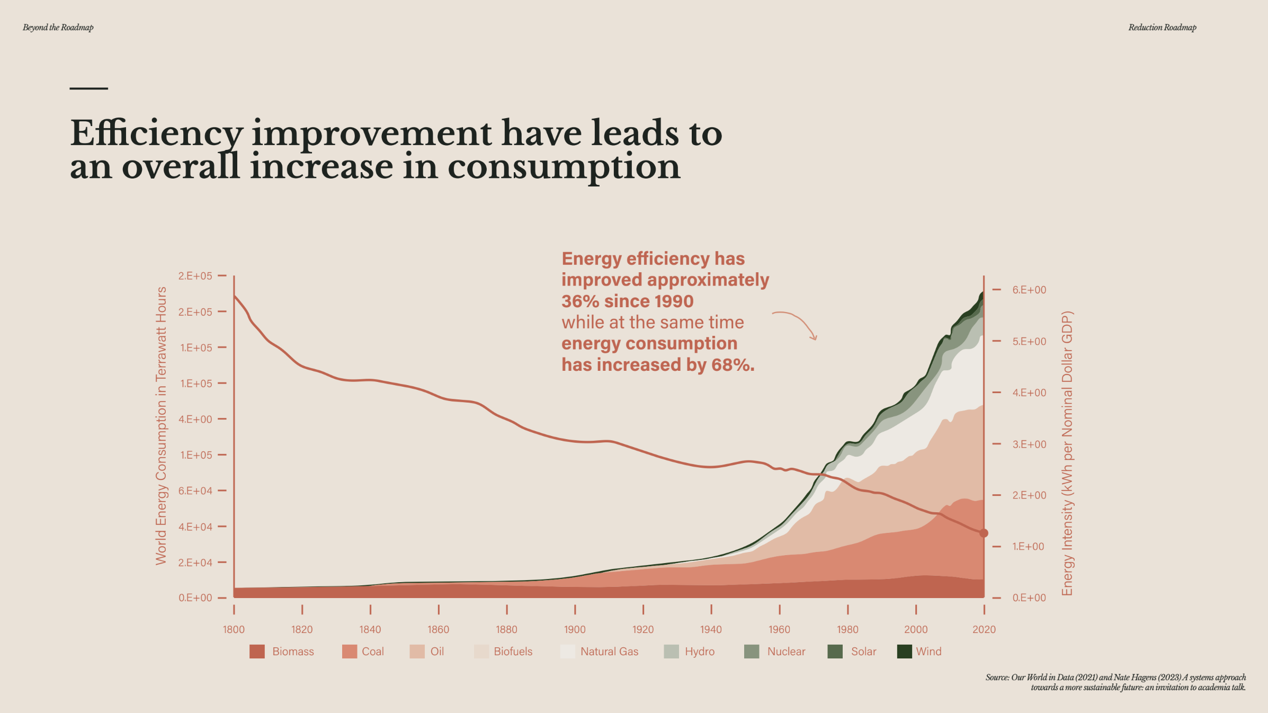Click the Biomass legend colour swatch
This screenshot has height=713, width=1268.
point(257,652)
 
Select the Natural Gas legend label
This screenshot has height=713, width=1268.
point(609,652)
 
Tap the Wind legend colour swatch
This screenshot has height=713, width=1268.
point(904,652)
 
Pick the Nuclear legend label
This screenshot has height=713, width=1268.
point(786,652)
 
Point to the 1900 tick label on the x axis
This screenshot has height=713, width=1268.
point(575,629)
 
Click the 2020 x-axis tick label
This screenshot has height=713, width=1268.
point(984,629)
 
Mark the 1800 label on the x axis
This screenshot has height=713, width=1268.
point(234,629)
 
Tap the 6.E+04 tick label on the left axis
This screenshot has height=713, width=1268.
point(195,491)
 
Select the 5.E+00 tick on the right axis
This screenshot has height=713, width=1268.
point(1029,342)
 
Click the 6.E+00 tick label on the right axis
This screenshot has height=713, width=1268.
point(1029,290)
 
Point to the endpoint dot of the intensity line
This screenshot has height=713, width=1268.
point(984,533)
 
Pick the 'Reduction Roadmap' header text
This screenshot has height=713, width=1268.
point(1162,28)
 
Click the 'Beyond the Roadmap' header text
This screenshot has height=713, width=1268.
point(58,28)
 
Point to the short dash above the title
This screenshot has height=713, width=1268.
point(88,88)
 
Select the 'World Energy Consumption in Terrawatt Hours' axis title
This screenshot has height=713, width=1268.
point(161,426)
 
